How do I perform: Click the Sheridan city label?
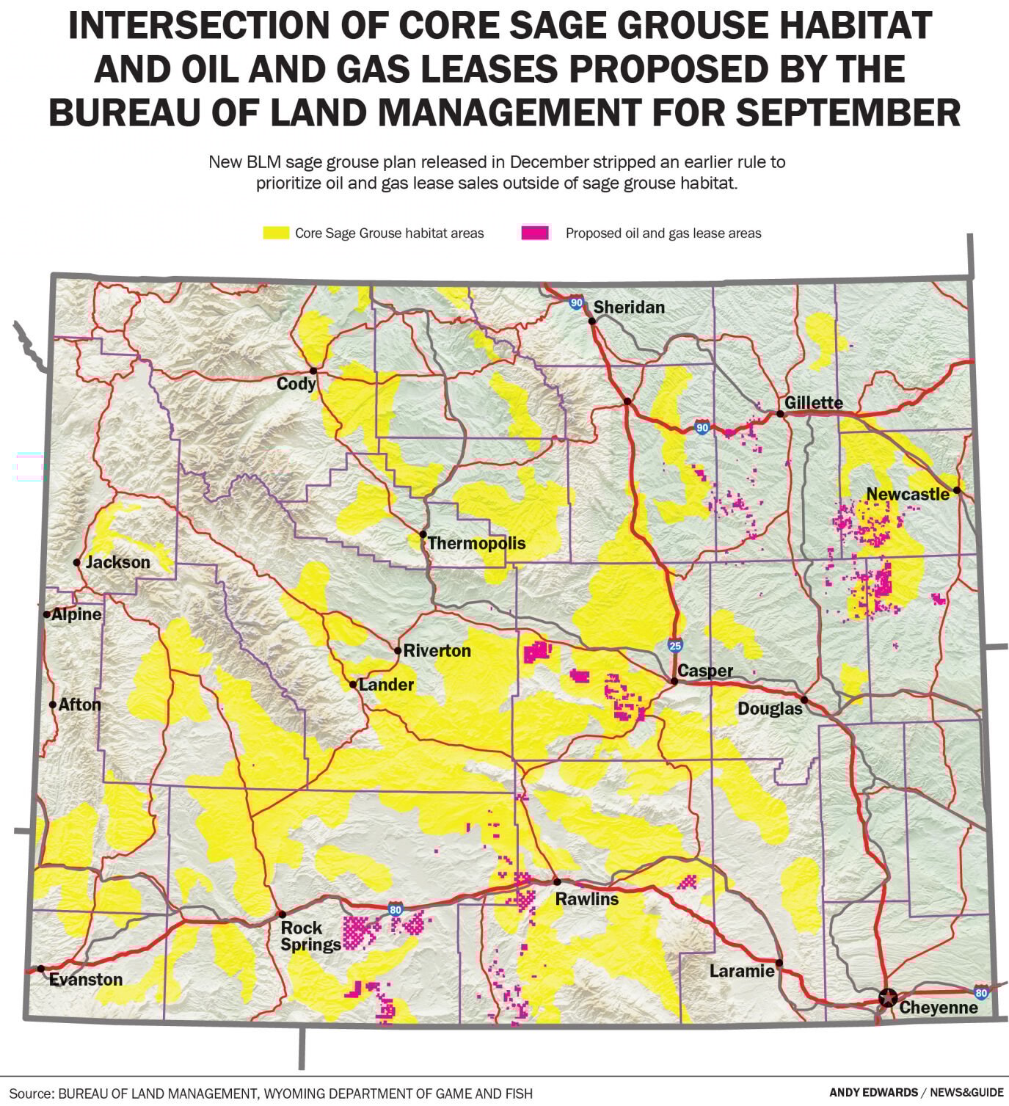[629, 308]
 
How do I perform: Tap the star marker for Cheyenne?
[888, 998]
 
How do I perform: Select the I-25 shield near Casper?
[675, 645]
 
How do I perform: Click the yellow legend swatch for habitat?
[276, 233]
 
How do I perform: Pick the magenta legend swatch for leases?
[535, 233]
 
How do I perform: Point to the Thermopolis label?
[476, 543]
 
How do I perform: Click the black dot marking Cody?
[313, 371]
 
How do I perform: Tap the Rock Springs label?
[310, 936]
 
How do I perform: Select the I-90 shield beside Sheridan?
[576, 302]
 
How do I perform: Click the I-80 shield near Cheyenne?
[981, 991]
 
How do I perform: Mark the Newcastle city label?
[908, 494]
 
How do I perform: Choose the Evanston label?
[86, 979]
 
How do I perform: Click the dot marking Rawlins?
[557, 882]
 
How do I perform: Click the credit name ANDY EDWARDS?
[873, 1093]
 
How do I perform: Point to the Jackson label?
[117, 562]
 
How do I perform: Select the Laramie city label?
[742, 971]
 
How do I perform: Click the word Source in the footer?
[31, 1093]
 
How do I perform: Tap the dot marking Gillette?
[781, 414]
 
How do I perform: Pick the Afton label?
[79, 705]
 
